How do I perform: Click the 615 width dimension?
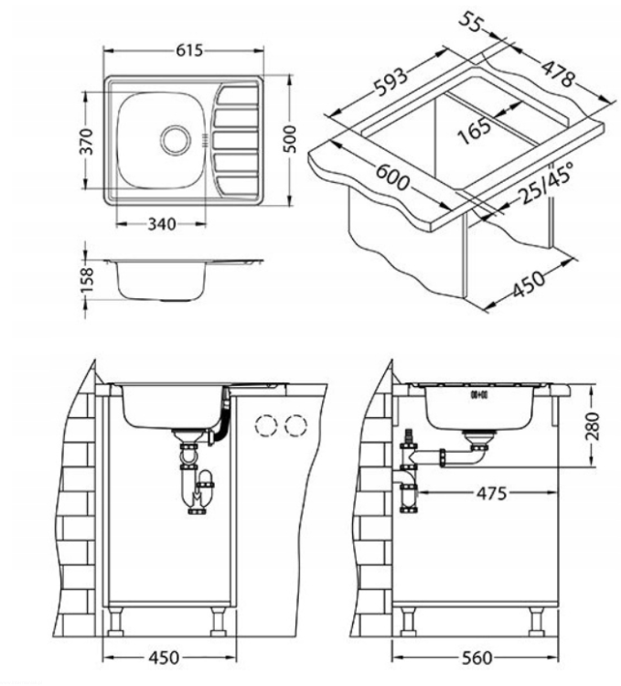189,50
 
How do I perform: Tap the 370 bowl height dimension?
89,141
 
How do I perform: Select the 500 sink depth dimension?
290,139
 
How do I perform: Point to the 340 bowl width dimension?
162,224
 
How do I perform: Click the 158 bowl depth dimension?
88,281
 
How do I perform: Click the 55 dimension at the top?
470,22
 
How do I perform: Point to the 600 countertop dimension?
393,176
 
